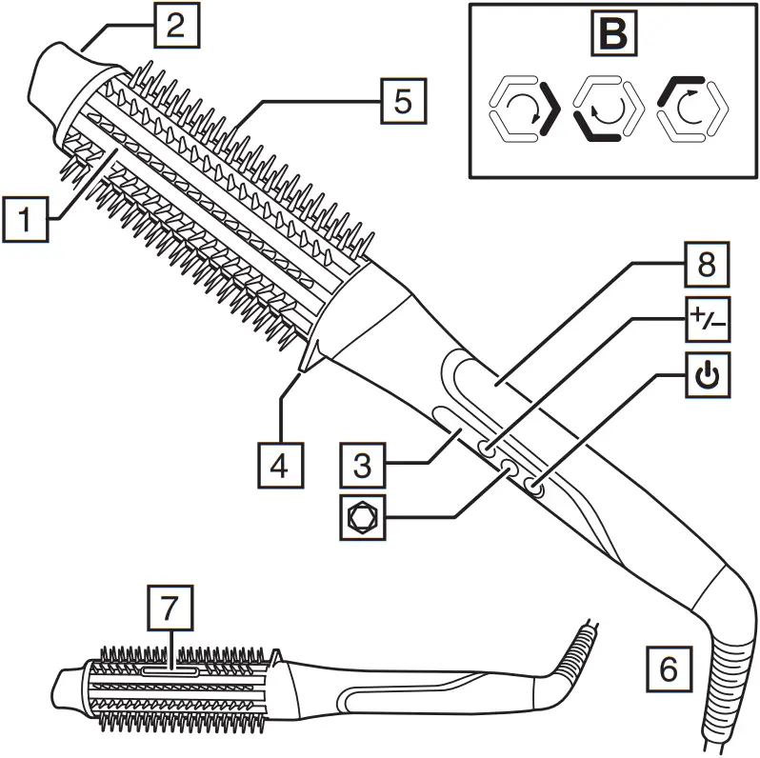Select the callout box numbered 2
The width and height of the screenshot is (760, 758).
point(173,26)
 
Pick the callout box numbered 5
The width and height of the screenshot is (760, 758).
point(404,101)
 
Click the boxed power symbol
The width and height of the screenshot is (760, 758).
point(706,378)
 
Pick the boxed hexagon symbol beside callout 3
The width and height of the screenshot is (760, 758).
point(364,519)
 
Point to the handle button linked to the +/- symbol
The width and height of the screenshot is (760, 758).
point(487,449)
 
